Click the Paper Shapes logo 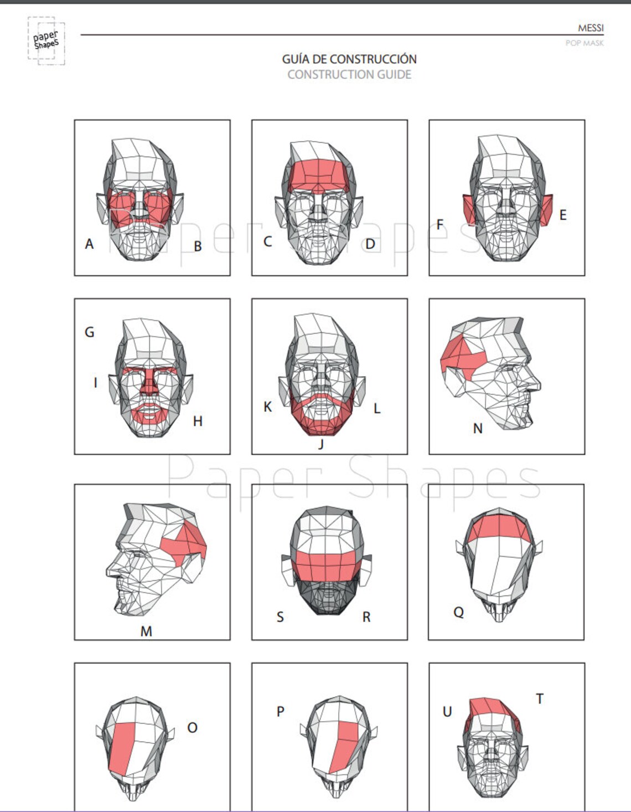point(46,41)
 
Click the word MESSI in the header point(590,28)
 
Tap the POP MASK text point(584,43)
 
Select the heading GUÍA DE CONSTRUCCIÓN point(349,59)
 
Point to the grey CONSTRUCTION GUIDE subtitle point(349,74)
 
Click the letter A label point(89,244)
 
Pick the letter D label point(370,244)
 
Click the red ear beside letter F point(469,209)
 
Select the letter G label point(89,332)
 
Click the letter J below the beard point(320,443)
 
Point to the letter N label point(478,428)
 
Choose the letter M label point(146,631)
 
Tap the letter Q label point(458,612)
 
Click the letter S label point(280,617)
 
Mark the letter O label point(192,727)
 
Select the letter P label point(281,711)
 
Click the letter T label point(540,699)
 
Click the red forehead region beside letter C point(318,174)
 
